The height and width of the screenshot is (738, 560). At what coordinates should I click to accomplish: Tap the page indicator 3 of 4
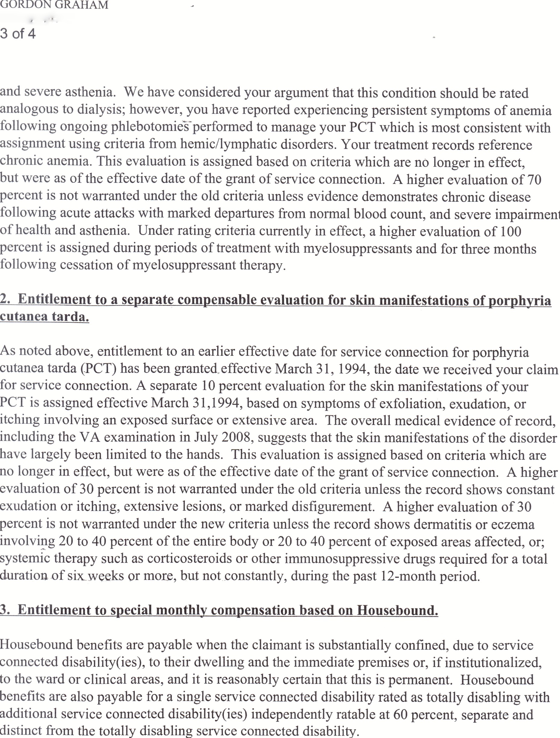coord(18,34)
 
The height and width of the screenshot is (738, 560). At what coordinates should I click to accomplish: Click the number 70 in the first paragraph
coord(534,179)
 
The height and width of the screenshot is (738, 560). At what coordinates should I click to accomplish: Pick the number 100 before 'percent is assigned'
coord(511,231)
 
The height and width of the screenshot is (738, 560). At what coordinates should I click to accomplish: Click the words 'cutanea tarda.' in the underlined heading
coord(44,316)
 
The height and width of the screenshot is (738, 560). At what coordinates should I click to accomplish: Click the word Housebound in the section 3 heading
coord(397,610)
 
